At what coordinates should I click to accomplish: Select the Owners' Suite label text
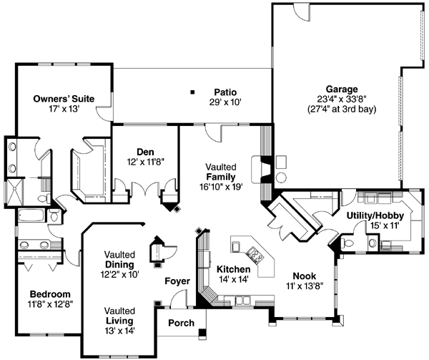64,98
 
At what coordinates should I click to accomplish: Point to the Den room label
146,151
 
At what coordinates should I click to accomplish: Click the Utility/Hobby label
375,215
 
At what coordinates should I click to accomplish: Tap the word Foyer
177,281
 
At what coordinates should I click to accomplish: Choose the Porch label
181,323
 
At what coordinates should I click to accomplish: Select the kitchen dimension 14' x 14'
233,279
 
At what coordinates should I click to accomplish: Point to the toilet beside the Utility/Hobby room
348,245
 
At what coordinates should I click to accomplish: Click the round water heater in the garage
281,176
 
